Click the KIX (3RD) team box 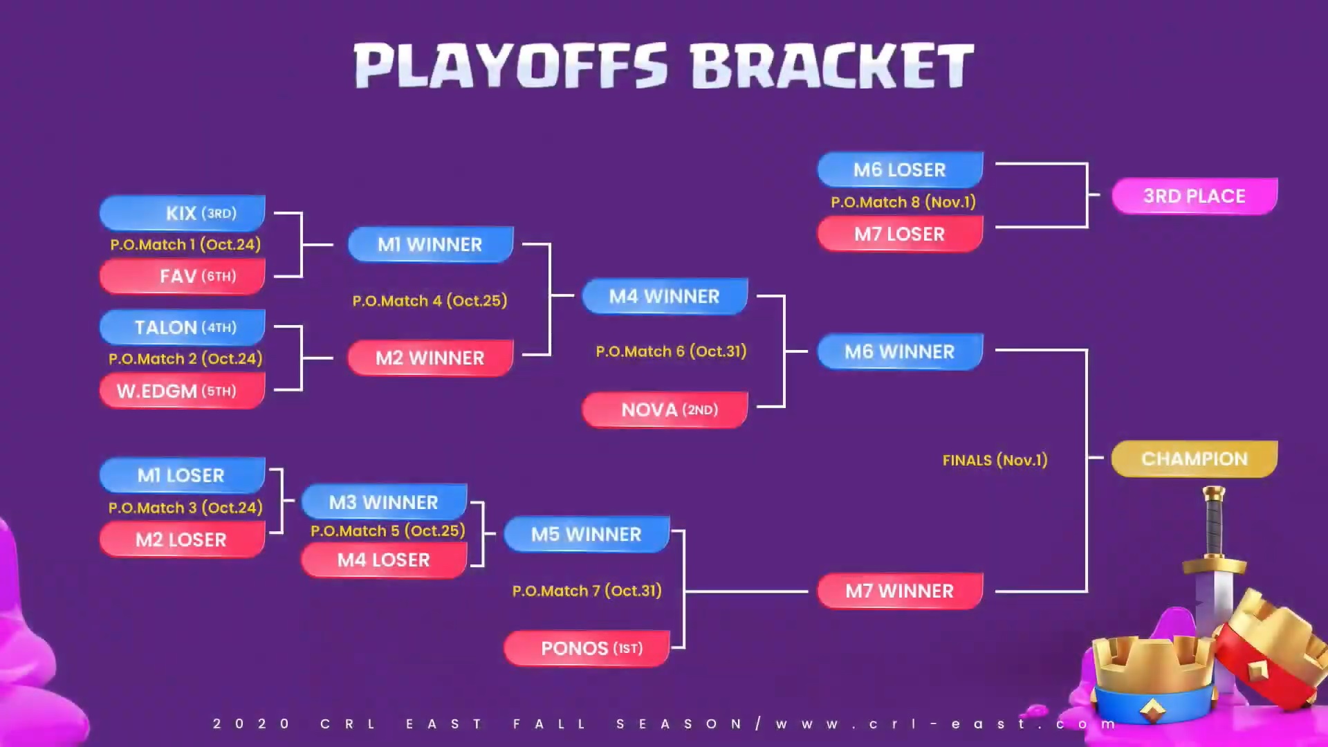[183, 212]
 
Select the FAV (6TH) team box [183, 276]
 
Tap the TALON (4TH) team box [183, 327]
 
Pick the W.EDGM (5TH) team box [183, 391]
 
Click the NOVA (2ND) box [665, 409]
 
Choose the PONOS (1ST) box [587, 648]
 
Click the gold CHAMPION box [1195, 459]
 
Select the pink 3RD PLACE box [1195, 196]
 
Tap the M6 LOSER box [900, 169]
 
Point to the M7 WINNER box [900, 591]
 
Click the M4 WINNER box [665, 296]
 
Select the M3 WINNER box [384, 501]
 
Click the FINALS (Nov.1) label [995, 460]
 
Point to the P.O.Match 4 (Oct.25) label [430, 301]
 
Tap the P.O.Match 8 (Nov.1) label [903, 202]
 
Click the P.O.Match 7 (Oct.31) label [587, 591]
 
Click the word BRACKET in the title [832, 66]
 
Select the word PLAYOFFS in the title [511, 66]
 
